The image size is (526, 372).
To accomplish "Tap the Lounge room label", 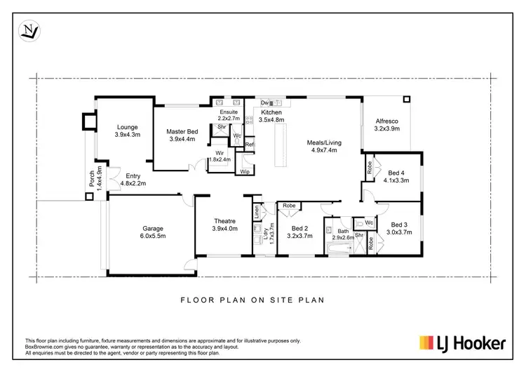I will tap(127, 127).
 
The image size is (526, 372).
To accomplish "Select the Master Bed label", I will tap(182, 131).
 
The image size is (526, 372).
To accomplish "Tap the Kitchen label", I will tap(271, 112).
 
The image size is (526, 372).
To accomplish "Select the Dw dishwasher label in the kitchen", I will tap(262, 102).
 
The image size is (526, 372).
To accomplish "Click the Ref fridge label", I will tap(249, 145).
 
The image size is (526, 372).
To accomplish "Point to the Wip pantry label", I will tap(245, 171).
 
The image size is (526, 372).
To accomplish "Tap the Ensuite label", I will tap(229, 112).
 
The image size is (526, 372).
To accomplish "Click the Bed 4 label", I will tap(396, 173).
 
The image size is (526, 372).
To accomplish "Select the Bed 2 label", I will tap(299, 228).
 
